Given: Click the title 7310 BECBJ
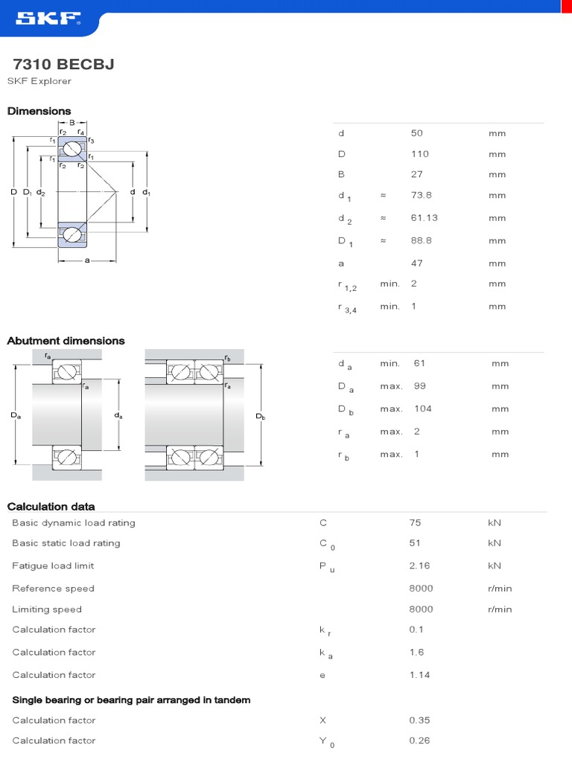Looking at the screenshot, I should point(64,65).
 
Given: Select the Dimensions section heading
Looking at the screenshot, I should point(39,111).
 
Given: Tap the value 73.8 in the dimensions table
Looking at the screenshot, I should point(422,196).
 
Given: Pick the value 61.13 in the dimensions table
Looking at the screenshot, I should point(424,218).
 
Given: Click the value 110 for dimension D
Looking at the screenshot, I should point(420,154).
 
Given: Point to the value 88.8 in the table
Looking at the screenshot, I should point(422,240).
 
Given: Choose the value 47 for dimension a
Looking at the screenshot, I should point(416,263).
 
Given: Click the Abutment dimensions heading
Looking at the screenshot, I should point(66,341).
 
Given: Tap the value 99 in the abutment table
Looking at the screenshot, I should point(419,386).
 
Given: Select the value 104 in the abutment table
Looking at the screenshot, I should point(422,409).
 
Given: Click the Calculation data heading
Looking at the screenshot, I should point(51,507).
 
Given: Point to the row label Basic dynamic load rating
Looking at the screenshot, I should point(73,523).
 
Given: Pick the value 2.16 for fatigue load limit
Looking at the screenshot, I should point(419,566).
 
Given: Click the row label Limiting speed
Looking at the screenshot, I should point(47,609).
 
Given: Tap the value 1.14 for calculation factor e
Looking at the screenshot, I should point(419,675).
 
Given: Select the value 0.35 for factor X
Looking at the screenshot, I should point(419,720).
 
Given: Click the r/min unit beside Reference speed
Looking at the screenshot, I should point(500,589).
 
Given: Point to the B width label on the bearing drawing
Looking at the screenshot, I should point(72,123).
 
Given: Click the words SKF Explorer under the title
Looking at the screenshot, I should point(39,81).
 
